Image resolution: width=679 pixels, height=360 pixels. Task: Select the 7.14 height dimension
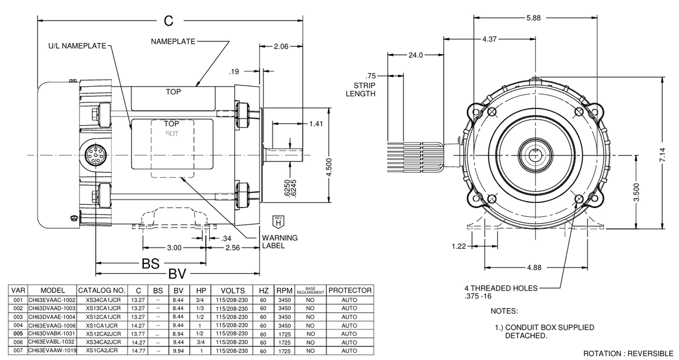coord(663,155)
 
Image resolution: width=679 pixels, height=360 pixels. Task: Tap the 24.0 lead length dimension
coord(416,55)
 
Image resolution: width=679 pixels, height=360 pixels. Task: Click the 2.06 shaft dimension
coord(281,46)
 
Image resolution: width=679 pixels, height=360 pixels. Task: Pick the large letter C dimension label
coord(168,21)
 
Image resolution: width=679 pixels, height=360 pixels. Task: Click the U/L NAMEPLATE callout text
coord(76,46)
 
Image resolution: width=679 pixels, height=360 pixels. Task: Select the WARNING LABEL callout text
coord(280,241)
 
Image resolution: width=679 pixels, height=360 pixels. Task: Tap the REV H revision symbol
coord(278,221)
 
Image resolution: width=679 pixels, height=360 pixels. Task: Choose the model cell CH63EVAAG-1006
coord(52,325)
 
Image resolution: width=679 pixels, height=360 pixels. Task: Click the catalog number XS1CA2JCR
coord(102,350)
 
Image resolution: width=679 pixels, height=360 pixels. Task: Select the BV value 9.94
coord(180,350)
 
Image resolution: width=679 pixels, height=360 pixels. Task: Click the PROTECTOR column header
coord(350,291)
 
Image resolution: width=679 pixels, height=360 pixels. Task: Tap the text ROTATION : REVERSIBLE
coord(629,354)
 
